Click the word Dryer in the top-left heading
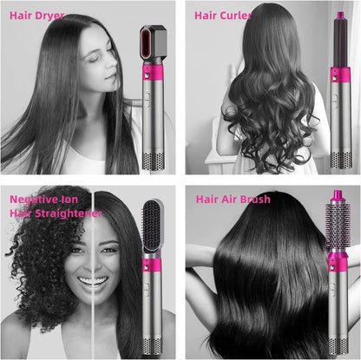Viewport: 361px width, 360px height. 50,16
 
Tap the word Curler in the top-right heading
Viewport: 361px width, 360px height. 239,16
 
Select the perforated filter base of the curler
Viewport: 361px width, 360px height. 337,160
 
